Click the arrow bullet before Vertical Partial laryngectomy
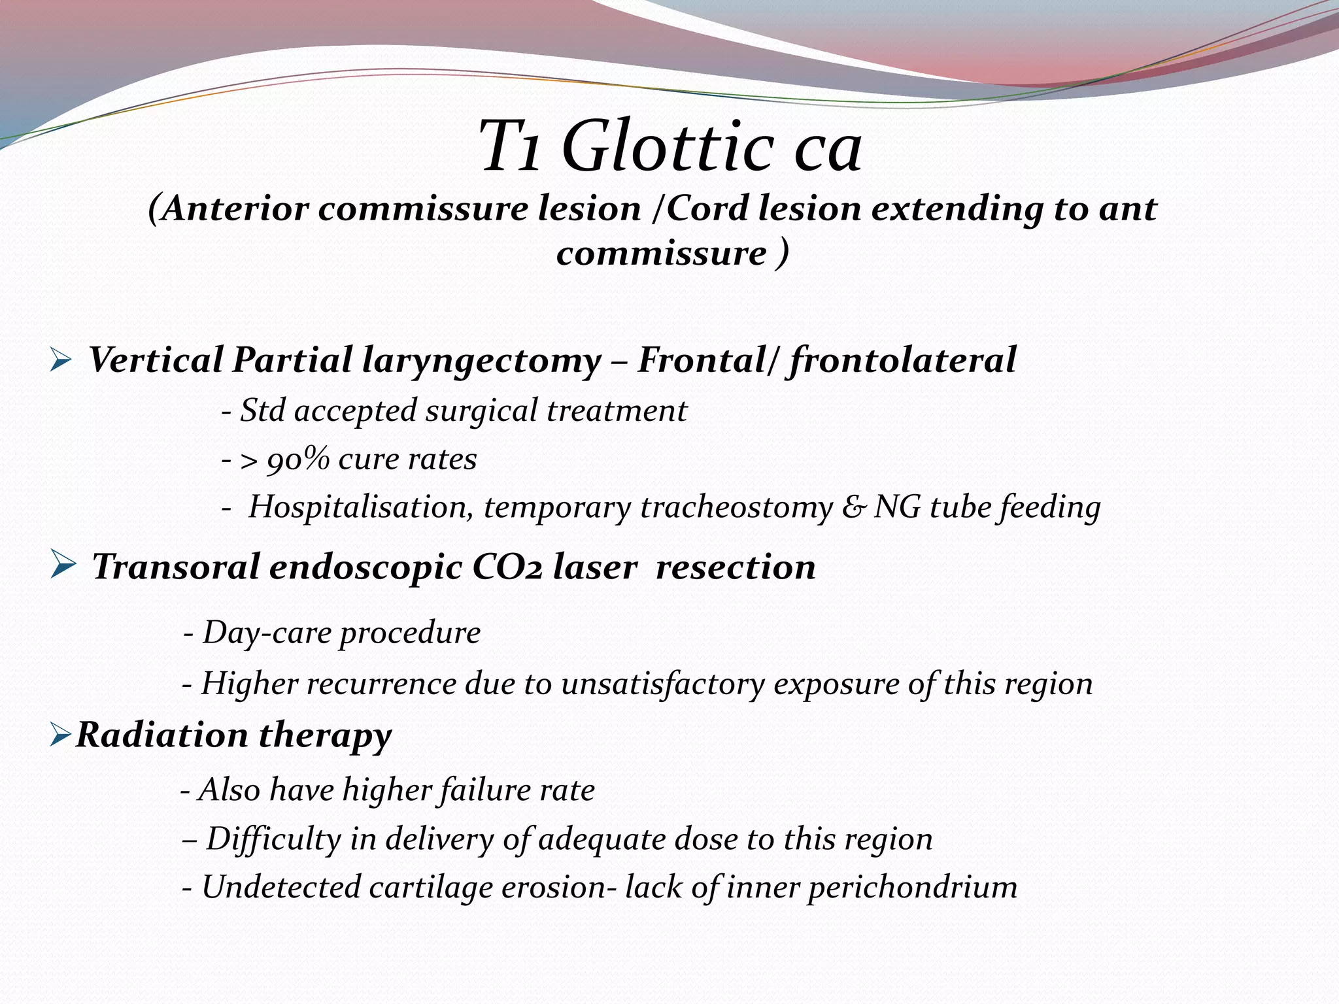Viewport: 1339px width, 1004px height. click(59, 361)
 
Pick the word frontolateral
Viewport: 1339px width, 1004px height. click(902, 361)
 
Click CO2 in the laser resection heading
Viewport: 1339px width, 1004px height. click(507, 566)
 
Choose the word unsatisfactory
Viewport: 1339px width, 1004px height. click(662, 684)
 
